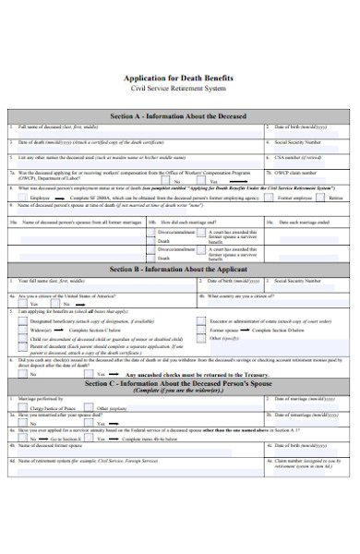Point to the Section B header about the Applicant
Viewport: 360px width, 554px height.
(x=180, y=268)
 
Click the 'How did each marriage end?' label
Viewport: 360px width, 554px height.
(x=190, y=223)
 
